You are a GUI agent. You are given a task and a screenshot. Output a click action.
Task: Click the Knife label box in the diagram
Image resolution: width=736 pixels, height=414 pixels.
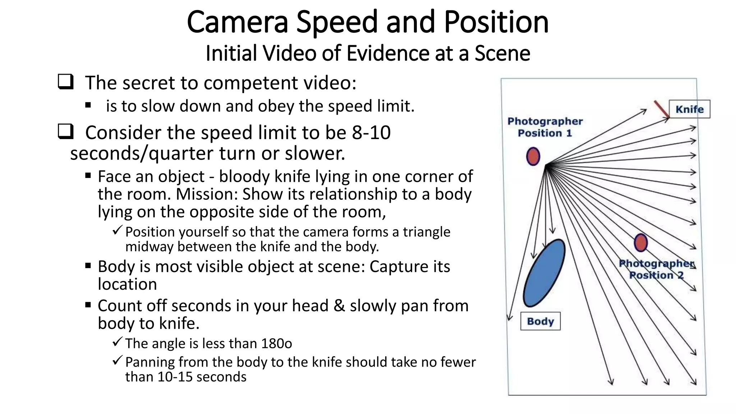[x=689, y=109]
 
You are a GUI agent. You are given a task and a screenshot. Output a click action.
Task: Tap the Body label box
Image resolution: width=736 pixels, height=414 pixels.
[x=540, y=321]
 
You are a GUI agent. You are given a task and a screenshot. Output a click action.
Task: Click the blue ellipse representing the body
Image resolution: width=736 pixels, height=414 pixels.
[x=544, y=273]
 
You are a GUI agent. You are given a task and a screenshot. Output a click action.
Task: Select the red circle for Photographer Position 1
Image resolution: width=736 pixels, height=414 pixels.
[x=533, y=157]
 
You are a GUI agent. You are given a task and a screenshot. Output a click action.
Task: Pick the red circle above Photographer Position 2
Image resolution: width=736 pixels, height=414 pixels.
[x=641, y=243]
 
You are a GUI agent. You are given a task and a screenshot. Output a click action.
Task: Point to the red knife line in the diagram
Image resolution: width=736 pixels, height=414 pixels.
[x=661, y=109]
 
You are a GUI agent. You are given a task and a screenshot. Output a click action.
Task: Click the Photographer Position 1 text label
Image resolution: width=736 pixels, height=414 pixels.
[x=545, y=127]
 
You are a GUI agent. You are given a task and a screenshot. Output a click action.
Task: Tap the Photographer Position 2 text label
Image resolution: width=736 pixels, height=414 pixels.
[x=656, y=269]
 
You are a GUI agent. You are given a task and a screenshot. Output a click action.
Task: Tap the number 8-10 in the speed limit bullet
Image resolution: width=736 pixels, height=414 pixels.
[x=371, y=132]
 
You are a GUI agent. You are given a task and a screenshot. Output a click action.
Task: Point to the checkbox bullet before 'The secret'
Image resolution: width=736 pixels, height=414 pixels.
[x=65, y=82]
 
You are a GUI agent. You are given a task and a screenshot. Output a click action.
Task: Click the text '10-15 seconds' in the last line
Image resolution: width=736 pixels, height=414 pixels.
[x=202, y=377]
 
